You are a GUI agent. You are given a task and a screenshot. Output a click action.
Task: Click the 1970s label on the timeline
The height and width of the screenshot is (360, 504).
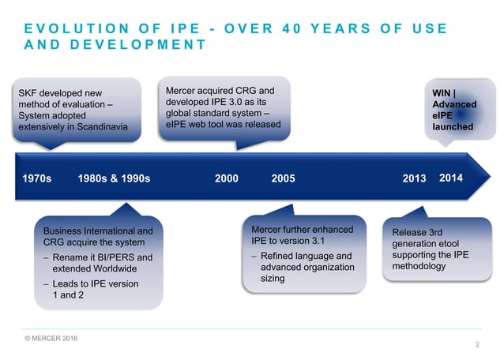point(36,178)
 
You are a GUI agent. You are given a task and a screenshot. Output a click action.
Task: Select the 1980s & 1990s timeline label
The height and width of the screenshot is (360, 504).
point(115,178)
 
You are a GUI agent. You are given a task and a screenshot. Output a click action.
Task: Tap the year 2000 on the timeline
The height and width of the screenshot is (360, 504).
point(227,178)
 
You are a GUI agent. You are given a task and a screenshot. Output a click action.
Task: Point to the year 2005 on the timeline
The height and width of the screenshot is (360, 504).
point(283,178)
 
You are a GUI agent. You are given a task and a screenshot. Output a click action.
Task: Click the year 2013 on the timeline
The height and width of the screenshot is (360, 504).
point(414,178)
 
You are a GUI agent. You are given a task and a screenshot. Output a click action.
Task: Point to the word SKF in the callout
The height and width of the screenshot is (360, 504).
point(28,94)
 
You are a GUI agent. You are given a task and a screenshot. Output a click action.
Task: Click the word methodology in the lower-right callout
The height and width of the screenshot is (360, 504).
point(419,266)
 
